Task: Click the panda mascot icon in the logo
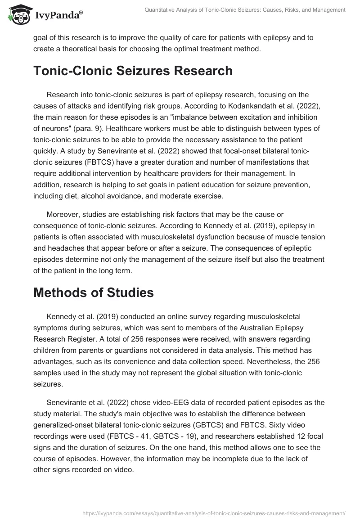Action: click(17, 14)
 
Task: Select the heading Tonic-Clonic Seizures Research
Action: click(133, 71)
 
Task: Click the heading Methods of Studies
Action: click(94, 293)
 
